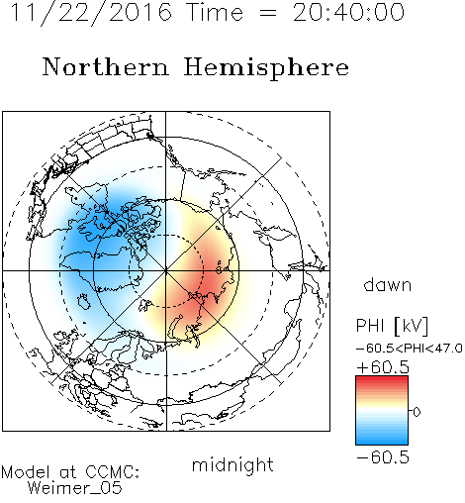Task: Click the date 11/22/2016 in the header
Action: pyautogui.click(x=91, y=13)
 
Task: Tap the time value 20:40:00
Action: pyautogui.click(x=348, y=12)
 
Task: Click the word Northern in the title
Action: pyautogui.click(x=106, y=66)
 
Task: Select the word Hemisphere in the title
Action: pyautogui.click(x=266, y=68)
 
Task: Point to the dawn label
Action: pyautogui.click(x=388, y=284)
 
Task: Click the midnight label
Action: pyautogui.click(x=232, y=464)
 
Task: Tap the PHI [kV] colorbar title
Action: pyautogui.click(x=392, y=326)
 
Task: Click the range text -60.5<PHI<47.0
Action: pyautogui.click(x=410, y=348)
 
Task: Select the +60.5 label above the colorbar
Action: pyautogui.click(x=383, y=367)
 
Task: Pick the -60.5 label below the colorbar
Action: pyautogui.click(x=383, y=457)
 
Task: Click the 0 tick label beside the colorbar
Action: pyautogui.click(x=417, y=412)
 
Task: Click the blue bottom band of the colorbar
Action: pyautogui.click(x=382, y=441)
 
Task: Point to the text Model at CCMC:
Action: pyautogui.click(x=70, y=472)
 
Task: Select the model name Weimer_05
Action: pyautogui.click(x=75, y=488)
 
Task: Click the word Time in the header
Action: pyautogui.click(x=215, y=12)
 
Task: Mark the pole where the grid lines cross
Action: pyautogui.click(x=166, y=271)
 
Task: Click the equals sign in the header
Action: pyautogui.click(x=268, y=13)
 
